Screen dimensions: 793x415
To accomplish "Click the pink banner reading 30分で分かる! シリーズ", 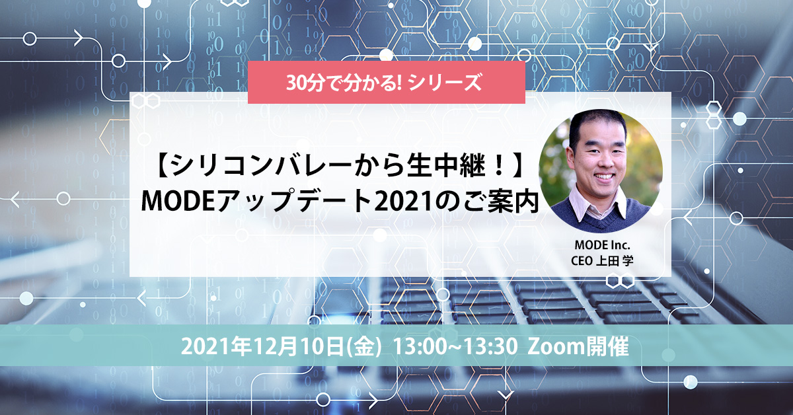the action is pyautogui.click(x=386, y=82).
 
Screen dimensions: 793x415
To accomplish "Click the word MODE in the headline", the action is pyautogui.click(x=179, y=201).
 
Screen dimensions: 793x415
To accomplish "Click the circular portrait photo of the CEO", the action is pyautogui.click(x=601, y=171).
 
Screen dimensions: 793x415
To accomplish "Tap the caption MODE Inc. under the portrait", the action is pyautogui.click(x=602, y=245).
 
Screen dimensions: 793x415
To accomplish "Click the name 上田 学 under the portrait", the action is pyautogui.click(x=615, y=261).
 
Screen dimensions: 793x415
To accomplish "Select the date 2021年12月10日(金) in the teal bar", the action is pyautogui.click(x=282, y=346).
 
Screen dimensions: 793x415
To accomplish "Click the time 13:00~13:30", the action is pyautogui.click(x=455, y=346).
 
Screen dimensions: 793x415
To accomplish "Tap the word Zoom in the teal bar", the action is pyautogui.click(x=556, y=346).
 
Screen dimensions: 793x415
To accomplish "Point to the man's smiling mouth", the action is pyautogui.click(x=604, y=176).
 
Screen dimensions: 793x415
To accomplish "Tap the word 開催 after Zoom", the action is pyautogui.click(x=607, y=346).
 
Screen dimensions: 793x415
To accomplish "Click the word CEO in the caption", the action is pyautogui.click(x=582, y=261).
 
